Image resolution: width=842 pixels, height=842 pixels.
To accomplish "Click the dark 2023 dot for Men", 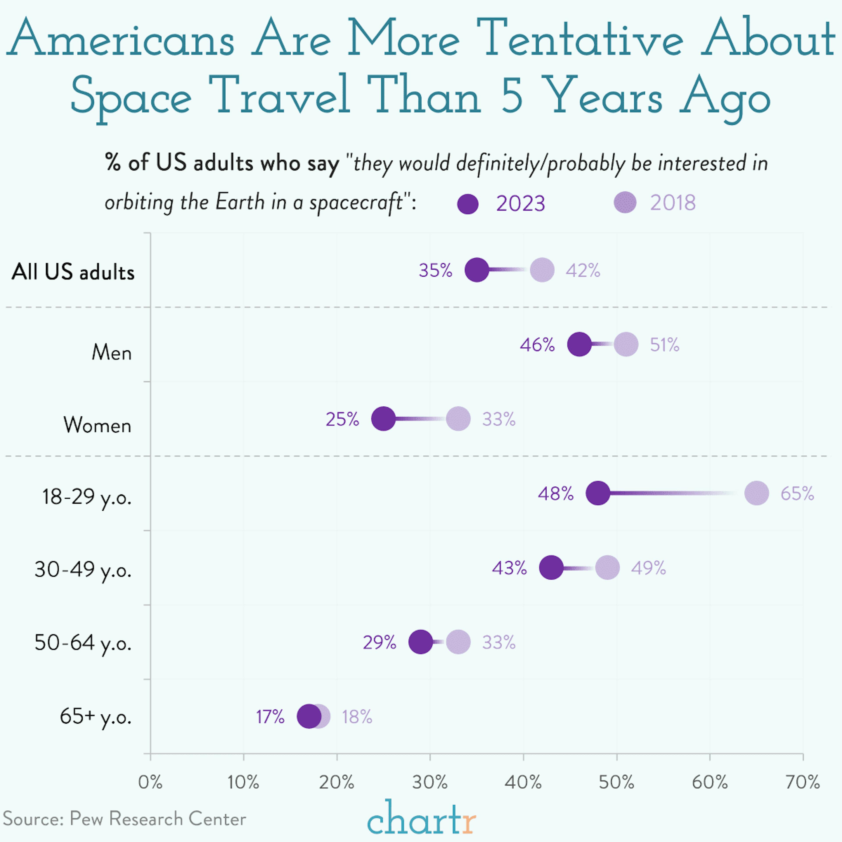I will click(579, 344).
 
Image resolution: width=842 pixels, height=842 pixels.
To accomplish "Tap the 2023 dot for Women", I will click(383, 419).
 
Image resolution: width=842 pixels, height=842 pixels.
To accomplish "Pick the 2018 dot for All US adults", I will click(542, 270).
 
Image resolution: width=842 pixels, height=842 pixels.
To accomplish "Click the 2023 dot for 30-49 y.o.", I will click(551, 568).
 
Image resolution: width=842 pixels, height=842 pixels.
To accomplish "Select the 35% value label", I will click(435, 271).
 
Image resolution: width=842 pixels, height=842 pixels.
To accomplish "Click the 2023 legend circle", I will click(468, 203).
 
